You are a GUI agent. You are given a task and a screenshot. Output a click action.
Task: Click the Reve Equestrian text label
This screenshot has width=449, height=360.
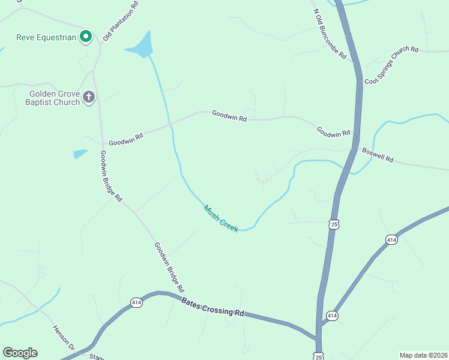click(x=46, y=37)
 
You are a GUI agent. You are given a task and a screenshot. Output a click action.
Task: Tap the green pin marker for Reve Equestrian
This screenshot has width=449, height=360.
click(x=86, y=37)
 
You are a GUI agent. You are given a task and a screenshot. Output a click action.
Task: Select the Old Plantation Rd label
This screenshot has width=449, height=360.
click(x=120, y=21)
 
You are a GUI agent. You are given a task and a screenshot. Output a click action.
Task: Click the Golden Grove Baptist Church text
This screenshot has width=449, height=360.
click(x=55, y=98)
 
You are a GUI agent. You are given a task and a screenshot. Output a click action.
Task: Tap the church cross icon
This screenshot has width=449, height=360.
click(x=89, y=97)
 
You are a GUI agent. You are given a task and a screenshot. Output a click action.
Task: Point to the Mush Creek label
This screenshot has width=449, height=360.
click(x=221, y=218)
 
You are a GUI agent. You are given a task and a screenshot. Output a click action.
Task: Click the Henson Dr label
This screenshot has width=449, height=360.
click(x=63, y=338)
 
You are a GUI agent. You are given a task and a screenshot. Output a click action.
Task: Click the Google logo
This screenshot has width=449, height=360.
click(x=20, y=353)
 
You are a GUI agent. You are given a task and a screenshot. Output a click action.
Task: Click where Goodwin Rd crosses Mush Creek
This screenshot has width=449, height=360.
click(x=170, y=124)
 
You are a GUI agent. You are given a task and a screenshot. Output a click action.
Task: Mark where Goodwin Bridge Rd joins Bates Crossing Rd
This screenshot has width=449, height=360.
click(x=182, y=295)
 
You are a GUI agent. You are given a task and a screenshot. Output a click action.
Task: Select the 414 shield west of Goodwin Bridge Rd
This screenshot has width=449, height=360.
click(x=136, y=302)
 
